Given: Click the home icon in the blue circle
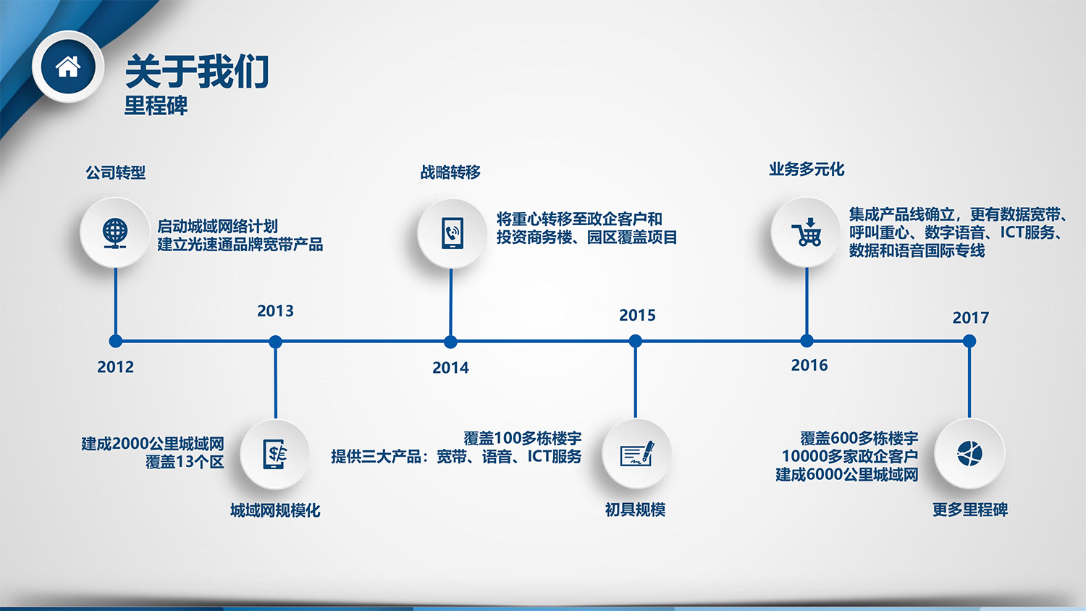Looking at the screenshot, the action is [x=68, y=67].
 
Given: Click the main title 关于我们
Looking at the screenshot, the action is [x=198, y=71].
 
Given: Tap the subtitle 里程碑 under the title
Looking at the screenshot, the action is [x=156, y=105].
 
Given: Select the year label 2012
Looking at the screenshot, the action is [x=115, y=367].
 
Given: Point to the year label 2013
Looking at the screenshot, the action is [x=275, y=311].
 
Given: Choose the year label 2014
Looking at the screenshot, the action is [x=450, y=368].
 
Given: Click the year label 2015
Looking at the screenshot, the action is [x=637, y=316].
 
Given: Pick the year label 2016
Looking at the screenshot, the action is [x=809, y=365].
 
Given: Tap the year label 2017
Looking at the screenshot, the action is [x=971, y=318].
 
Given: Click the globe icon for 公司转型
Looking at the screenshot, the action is [x=115, y=233].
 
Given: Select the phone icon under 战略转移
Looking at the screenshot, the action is [x=452, y=233].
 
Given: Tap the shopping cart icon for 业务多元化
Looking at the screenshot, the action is [x=807, y=232].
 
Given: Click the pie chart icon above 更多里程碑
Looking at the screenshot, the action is [x=969, y=454].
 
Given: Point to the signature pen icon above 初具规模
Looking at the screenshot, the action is [x=636, y=454].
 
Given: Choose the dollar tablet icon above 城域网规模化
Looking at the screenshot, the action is [x=274, y=454].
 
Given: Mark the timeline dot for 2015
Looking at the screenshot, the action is [x=635, y=342].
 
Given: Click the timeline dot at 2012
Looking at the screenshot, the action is [x=115, y=342].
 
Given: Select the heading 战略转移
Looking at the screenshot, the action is [x=450, y=172].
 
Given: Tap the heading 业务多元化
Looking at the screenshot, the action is [x=807, y=169].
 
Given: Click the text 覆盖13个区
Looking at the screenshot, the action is [x=185, y=462].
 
